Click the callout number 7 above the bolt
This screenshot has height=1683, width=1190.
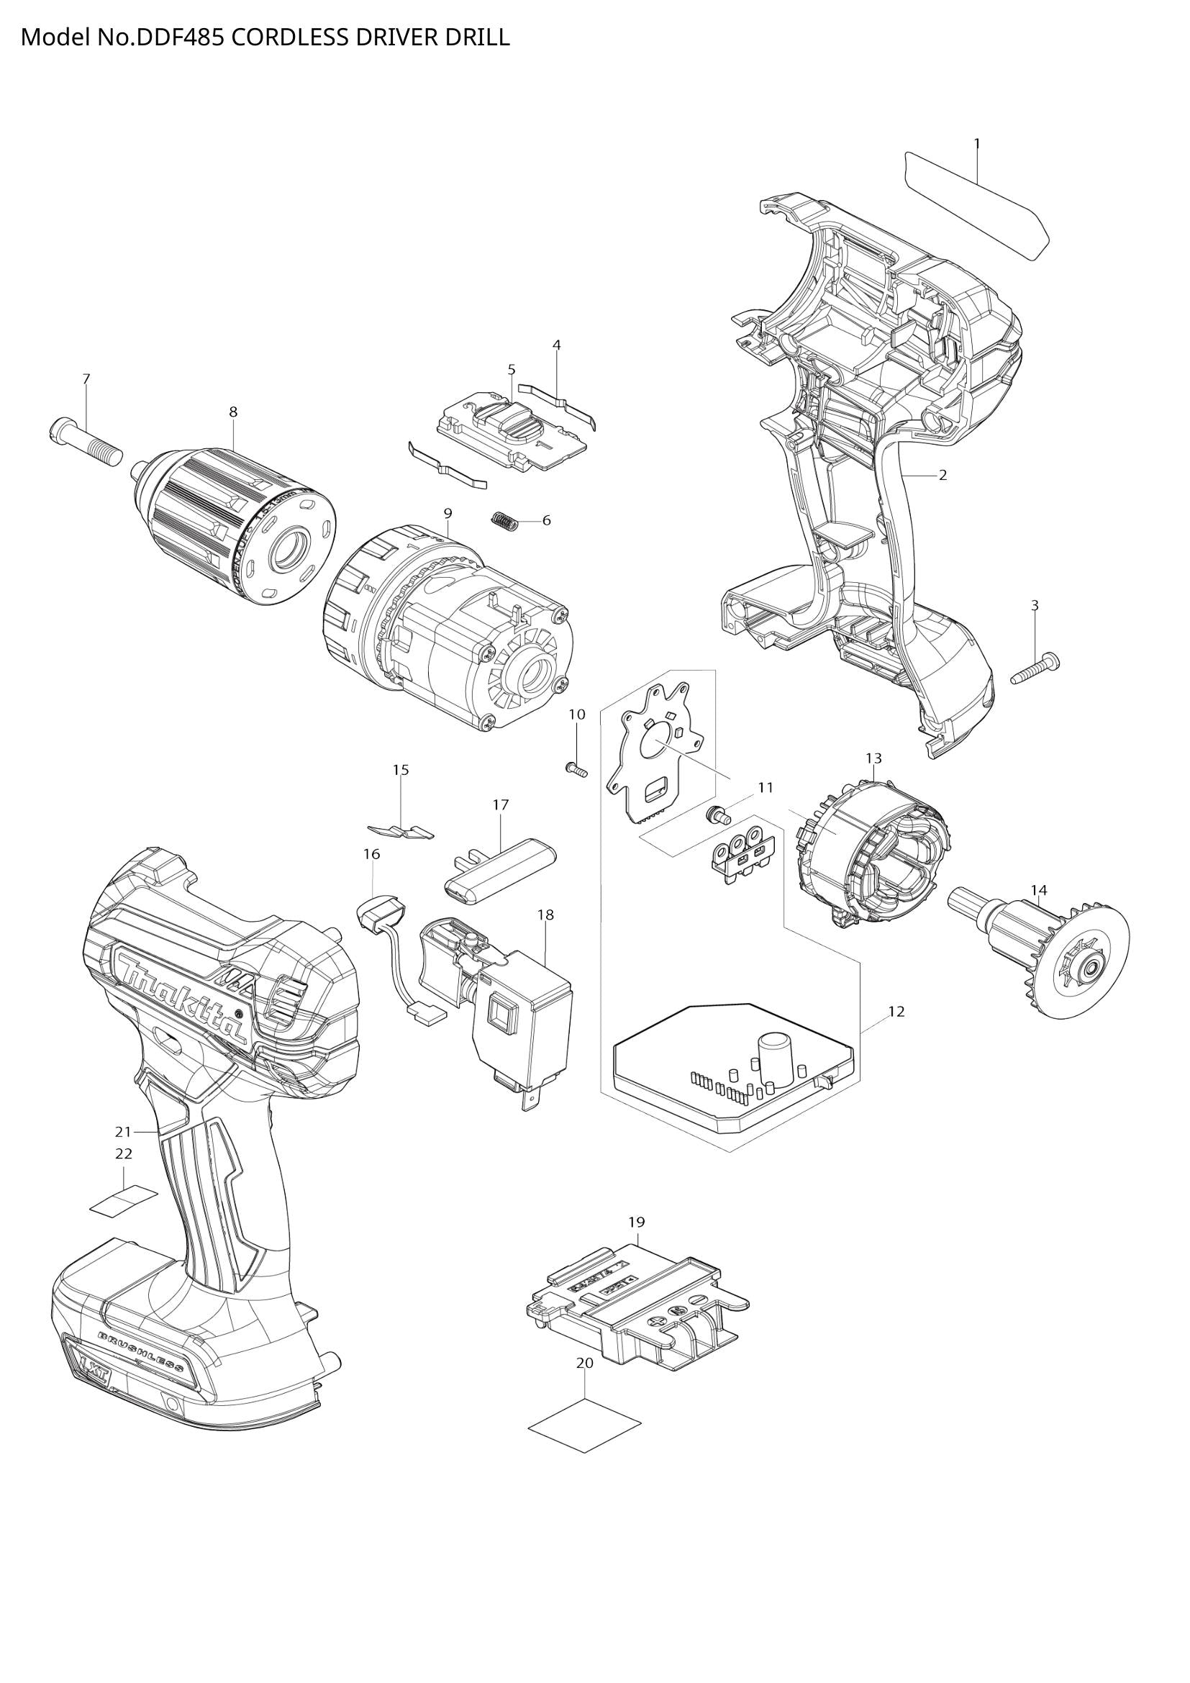click(86, 379)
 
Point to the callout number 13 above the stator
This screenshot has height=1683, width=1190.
click(873, 758)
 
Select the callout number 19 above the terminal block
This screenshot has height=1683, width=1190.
click(637, 1222)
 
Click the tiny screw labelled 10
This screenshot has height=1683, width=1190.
click(576, 770)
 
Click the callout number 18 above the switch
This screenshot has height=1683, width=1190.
click(545, 915)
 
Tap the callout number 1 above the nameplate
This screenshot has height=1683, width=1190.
click(976, 144)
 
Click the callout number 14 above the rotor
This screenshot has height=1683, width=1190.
click(1039, 890)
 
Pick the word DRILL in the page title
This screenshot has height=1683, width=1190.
click(476, 37)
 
